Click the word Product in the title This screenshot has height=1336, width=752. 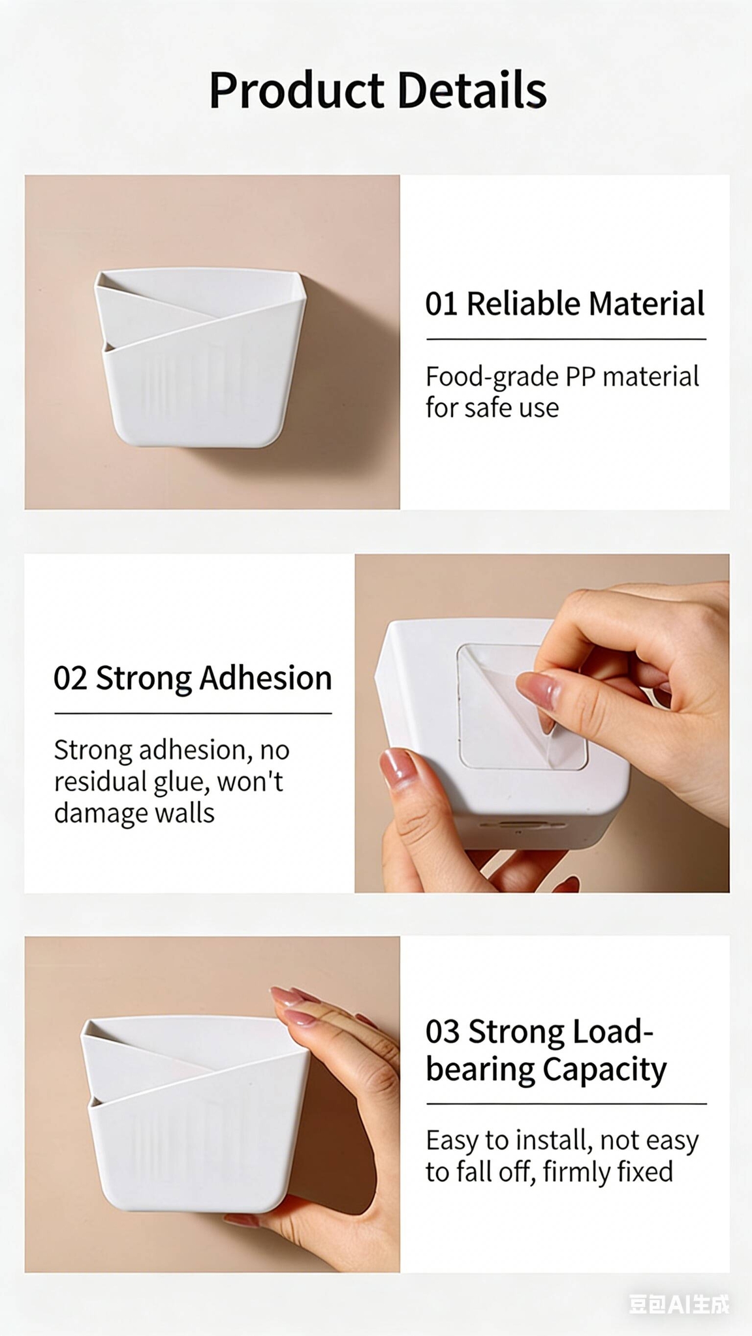point(297,91)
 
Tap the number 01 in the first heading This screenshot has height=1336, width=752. point(441,304)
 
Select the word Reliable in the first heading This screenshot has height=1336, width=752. point(524,303)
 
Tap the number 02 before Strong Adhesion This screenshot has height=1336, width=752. point(70,678)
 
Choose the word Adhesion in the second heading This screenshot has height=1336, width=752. point(266,678)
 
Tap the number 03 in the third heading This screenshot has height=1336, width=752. point(443,1032)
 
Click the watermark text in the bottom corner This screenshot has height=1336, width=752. point(679,1304)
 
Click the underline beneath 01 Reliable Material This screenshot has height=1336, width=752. point(567,339)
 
